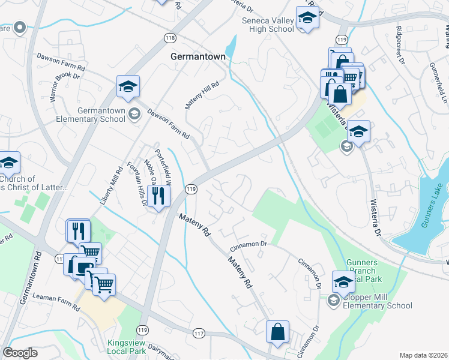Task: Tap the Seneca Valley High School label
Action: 268,24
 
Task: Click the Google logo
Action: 20,353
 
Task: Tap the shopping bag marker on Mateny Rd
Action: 278,332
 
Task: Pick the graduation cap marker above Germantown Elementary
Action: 128,88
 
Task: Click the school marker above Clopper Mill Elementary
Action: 343,282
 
